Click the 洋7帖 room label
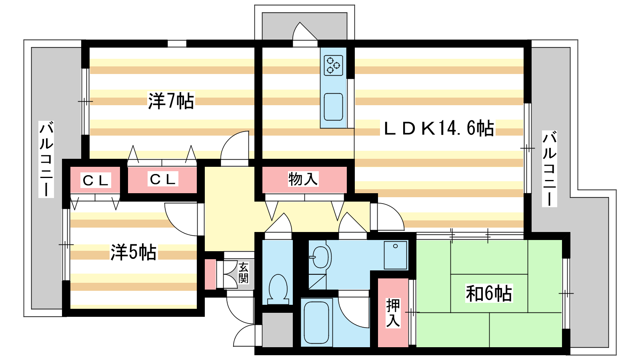171,101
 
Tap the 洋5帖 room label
133,252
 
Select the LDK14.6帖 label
438,128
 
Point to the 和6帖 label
489,294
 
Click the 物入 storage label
303,179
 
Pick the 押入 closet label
393,313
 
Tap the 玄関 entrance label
243,273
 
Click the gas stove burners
334,65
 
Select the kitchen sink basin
333,107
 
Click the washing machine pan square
395,255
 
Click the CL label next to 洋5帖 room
96,181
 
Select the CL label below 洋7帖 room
162,180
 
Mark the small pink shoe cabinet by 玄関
210,274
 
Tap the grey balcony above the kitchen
304,25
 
